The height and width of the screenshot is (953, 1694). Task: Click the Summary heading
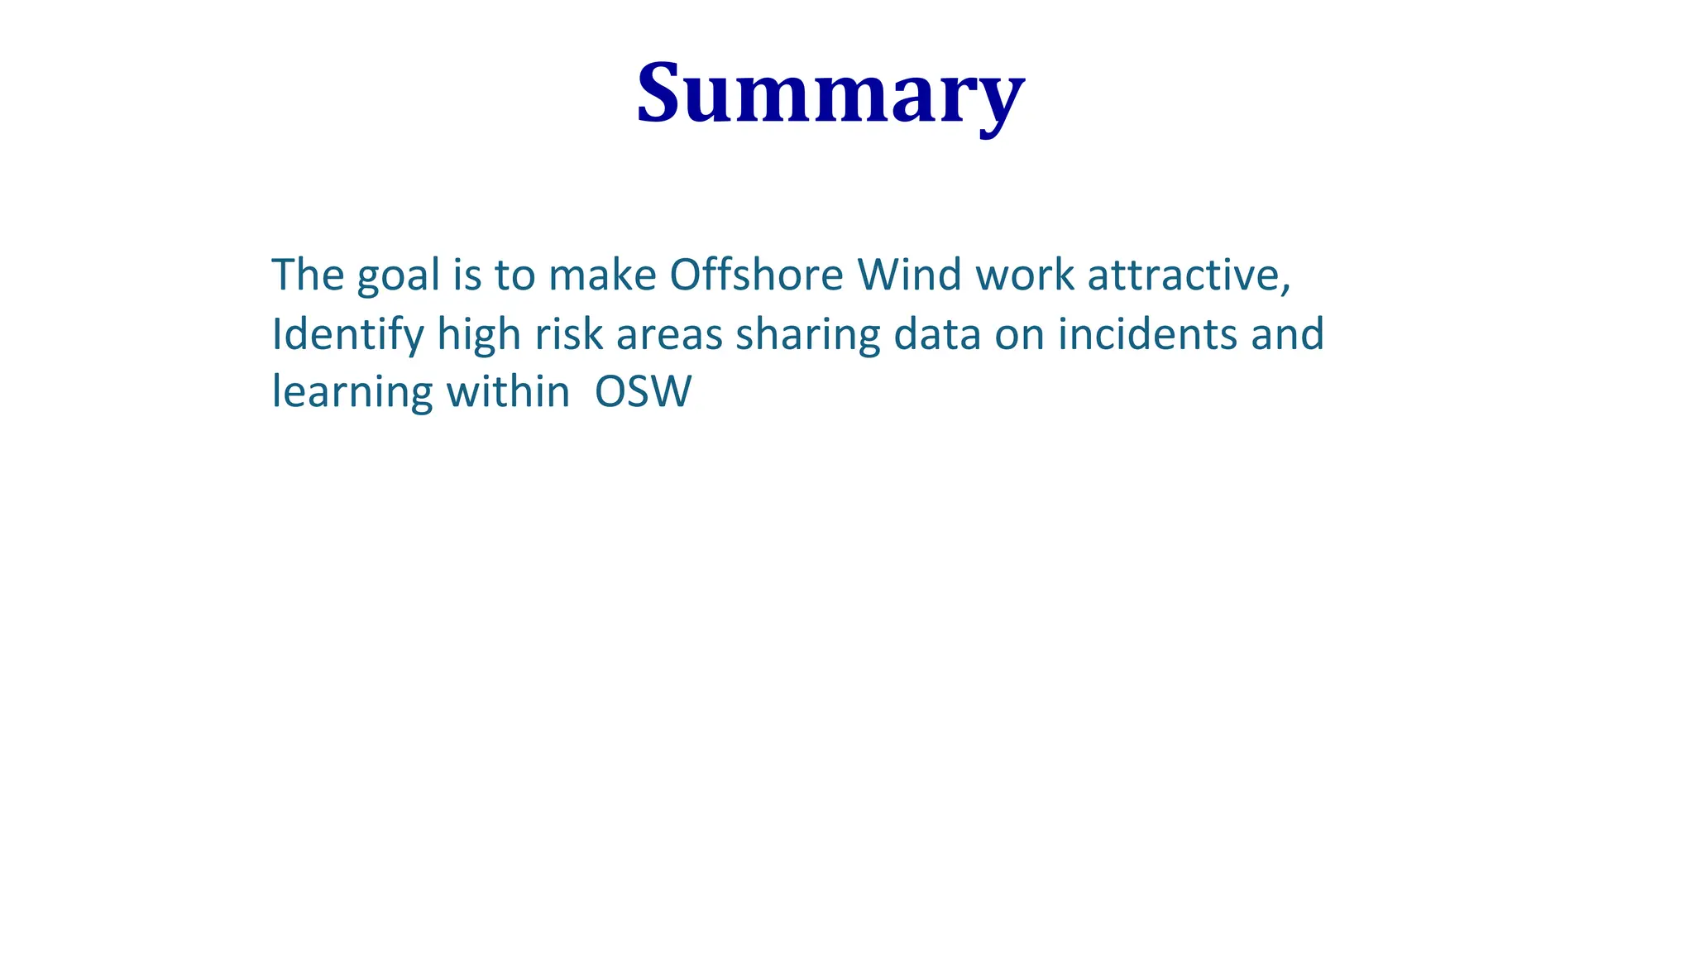click(x=830, y=93)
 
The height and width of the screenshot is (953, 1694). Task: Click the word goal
click(x=398, y=275)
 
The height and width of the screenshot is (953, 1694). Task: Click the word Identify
click(x=347, y=334)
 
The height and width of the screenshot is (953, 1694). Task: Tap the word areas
click(x=668, y=334)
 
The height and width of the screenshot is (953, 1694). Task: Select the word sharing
click(x=807, y=334)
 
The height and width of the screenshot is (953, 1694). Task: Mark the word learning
click(x=352, y=393)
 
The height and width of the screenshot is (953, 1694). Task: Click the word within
click(x=508, y=391)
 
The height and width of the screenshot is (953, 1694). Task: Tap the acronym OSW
click(x=643, y=392)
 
